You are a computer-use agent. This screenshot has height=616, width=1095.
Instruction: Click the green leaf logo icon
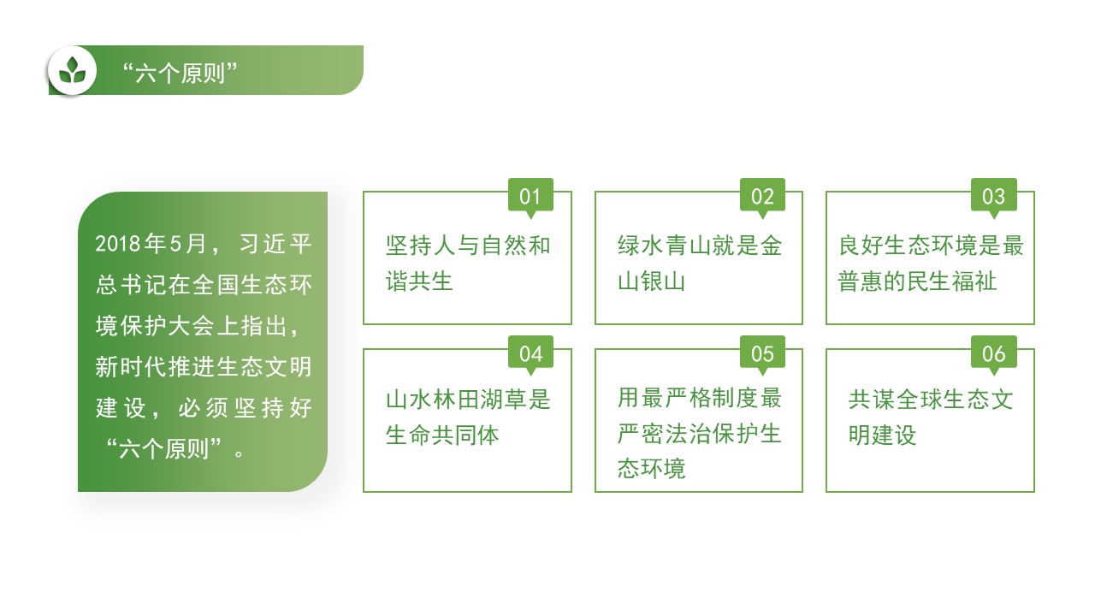(x=73, y=70)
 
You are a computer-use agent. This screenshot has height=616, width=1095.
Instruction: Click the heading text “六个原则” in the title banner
(x=180, y=74)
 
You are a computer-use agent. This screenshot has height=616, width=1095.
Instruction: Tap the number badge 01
(x=530, y=196)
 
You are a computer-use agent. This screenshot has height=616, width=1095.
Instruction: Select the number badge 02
(x=762, y=196)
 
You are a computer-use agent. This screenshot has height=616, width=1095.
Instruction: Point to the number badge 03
(x=993, y=196)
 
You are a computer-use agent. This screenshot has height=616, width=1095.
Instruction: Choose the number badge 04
(x=530, y=353)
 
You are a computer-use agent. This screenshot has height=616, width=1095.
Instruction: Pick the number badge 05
(x=762, y=353)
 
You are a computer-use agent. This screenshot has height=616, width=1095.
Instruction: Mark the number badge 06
(x=993, y=353)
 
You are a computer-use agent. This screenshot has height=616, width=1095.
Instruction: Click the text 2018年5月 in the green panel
(x=151, y=244)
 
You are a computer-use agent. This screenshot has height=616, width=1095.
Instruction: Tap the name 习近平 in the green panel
(x=275, y=244)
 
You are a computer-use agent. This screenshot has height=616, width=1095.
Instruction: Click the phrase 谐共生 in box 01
(x=419, y=281)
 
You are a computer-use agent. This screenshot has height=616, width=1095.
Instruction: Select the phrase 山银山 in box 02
(x=651, y=281)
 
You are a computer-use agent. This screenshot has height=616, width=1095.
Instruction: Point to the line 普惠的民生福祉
(x=916, y=281)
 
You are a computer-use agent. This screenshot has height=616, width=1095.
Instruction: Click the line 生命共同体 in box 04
(x=442, y=435)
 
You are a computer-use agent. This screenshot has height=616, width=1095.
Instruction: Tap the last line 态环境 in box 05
(x=651, y=468)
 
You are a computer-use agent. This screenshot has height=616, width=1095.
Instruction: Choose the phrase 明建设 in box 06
(x=882, y=435)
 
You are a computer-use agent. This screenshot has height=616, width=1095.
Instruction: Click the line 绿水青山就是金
(x=700, y=245)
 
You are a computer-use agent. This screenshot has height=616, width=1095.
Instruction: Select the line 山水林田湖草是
(x=468, y=399)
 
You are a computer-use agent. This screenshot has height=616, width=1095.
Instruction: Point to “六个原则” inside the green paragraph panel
(x=163, y=448)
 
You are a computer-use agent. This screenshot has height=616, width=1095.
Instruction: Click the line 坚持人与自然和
(x=468, y=245)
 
